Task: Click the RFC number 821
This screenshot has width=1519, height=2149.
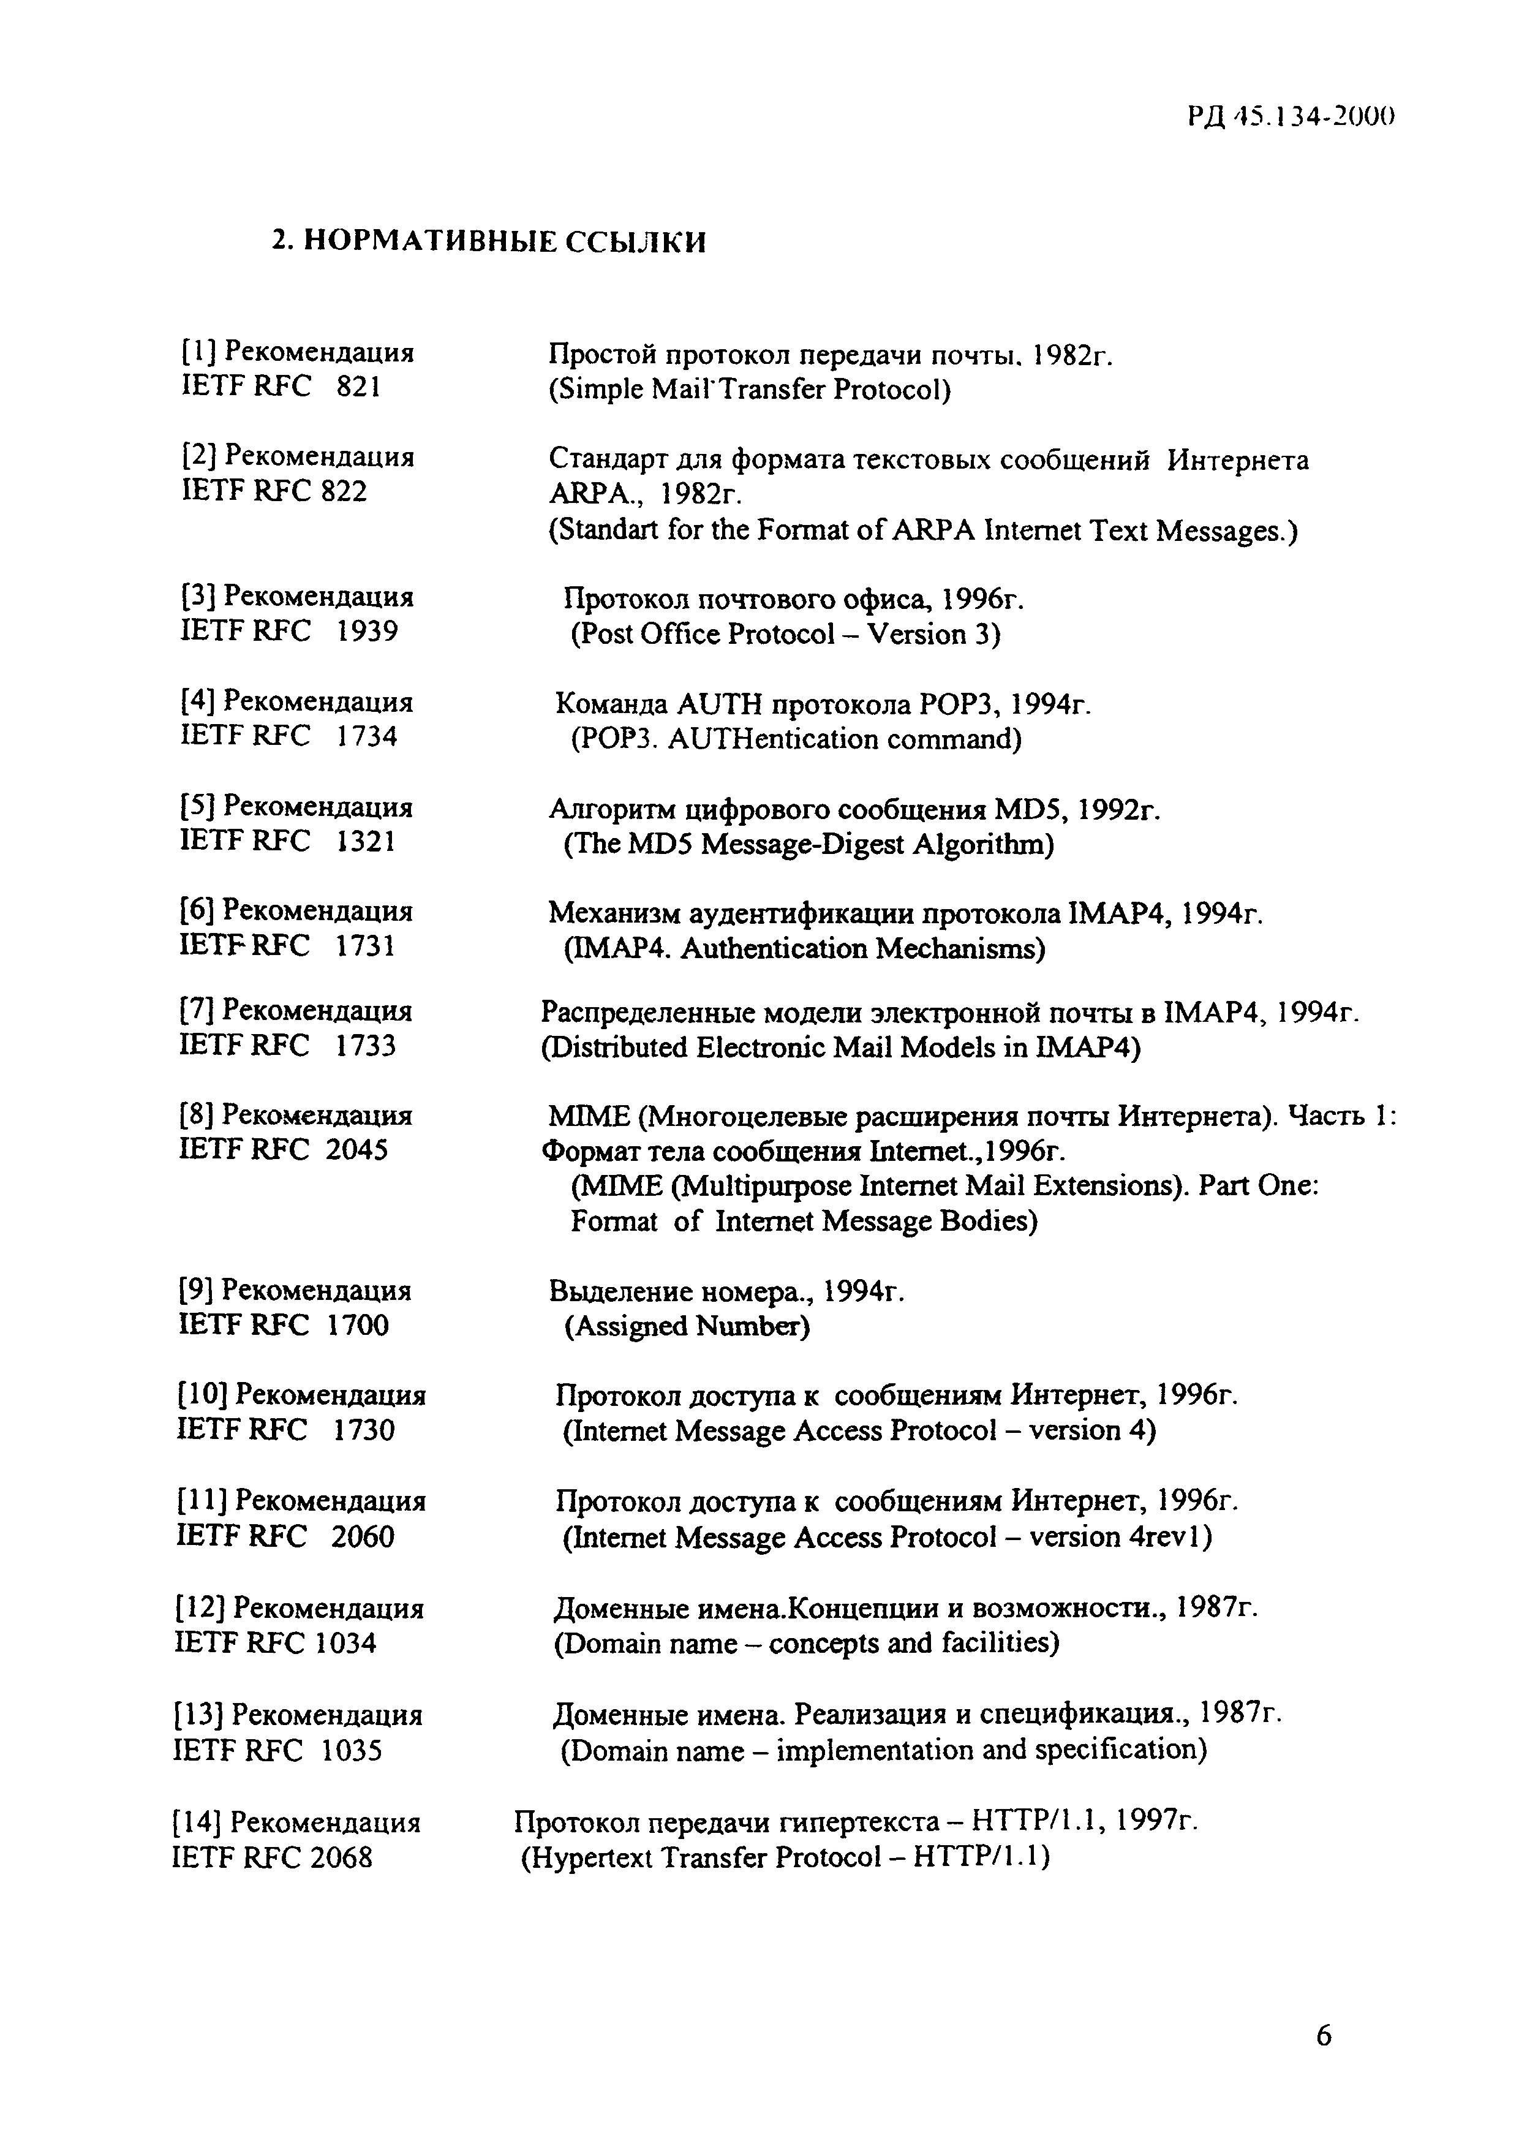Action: [358, 387]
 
